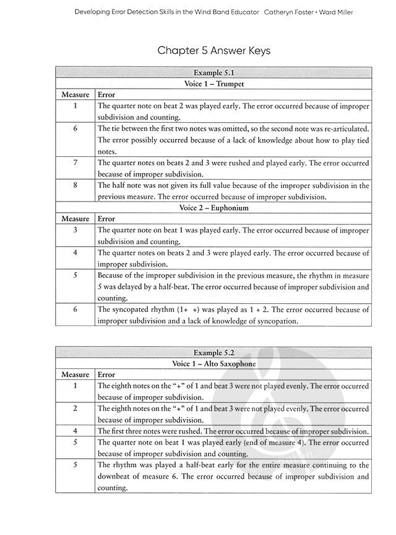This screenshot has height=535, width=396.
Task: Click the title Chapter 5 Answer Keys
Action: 213,50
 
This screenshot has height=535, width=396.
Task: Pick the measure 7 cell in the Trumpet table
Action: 75,163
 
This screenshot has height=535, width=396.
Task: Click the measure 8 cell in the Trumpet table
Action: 75,185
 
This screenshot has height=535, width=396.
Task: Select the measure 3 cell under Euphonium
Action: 75,230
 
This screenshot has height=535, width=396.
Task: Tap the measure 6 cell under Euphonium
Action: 75,309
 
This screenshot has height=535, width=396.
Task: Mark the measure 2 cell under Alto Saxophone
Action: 75,409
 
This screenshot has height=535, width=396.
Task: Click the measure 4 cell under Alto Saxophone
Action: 75,431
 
